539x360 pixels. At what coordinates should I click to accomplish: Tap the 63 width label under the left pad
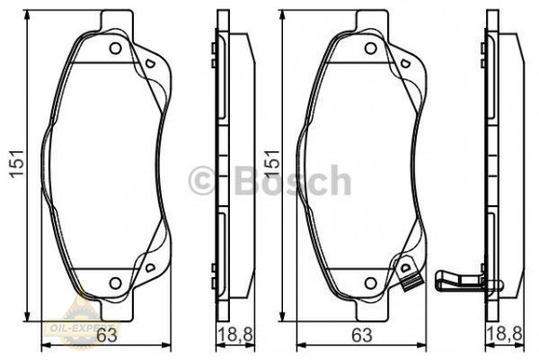108,335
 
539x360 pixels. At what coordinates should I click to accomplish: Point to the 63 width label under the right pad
359,335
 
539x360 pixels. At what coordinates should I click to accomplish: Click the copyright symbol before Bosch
205,180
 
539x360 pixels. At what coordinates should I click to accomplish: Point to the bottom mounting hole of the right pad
370,282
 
